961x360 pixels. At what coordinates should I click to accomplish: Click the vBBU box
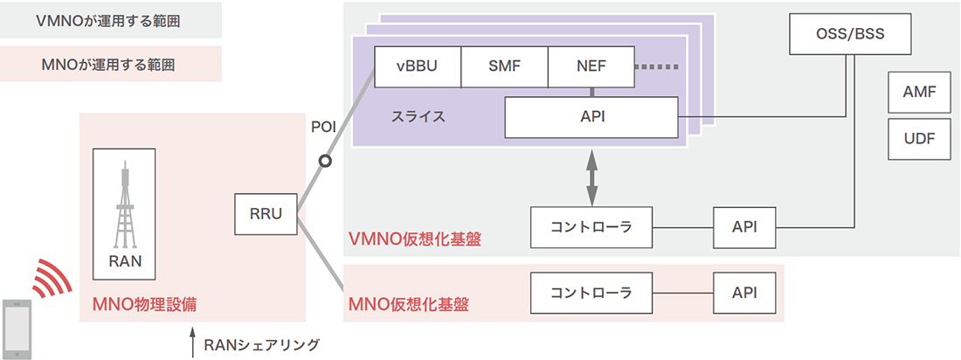pos(418,66)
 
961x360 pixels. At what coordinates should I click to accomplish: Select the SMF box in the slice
pos(504,66)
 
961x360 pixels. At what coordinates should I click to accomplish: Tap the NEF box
pos(591,66)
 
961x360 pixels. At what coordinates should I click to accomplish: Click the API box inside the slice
pos(591,117)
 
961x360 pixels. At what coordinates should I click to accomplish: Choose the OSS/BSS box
pos(849,36)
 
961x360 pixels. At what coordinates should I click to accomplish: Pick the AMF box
pos(919,91)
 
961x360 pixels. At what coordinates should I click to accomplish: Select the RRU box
pos(266,215)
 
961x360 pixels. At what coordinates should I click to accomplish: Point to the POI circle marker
pos(325,161)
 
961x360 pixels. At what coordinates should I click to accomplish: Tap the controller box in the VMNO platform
pos(592,227)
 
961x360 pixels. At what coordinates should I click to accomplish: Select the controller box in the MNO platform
pos(592,293)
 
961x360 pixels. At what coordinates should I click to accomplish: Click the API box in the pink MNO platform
pos(743,293)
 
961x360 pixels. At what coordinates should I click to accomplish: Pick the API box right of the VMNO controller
pos(743,227)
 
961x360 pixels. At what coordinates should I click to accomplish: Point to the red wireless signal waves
pos(51,278)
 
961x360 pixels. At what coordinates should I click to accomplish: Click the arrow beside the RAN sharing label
pos(192,342)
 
